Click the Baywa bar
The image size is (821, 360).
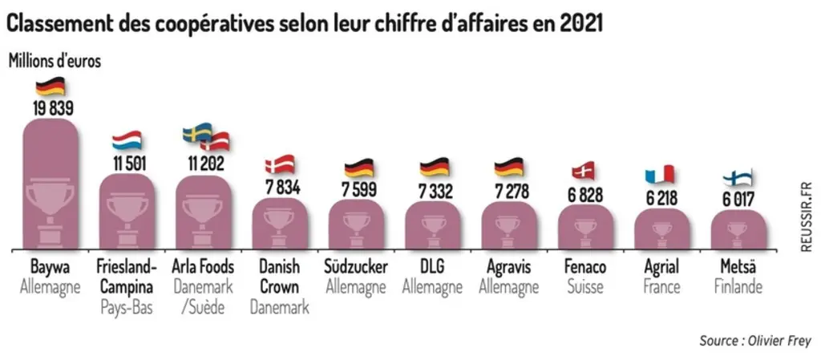tap(51, 184)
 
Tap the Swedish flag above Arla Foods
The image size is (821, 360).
tap(197, 132)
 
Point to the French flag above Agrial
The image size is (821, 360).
tap(659, 174)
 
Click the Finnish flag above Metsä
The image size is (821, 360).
tap(738, 177)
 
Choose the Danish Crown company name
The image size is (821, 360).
tap(279, 277)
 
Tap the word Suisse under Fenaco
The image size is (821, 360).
tap(585, 287)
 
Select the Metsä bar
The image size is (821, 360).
tap(738, 229)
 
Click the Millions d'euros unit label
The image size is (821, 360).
tap(55, 61)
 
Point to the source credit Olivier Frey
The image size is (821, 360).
tap(755, 342)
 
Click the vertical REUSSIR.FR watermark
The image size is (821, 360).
tap(806, 216)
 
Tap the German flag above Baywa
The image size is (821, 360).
tap(51, 87)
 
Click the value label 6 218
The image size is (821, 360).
tap(661, 198)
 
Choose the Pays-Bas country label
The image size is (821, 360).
tap(127, 307)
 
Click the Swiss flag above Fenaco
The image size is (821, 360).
tap(584, 171)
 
